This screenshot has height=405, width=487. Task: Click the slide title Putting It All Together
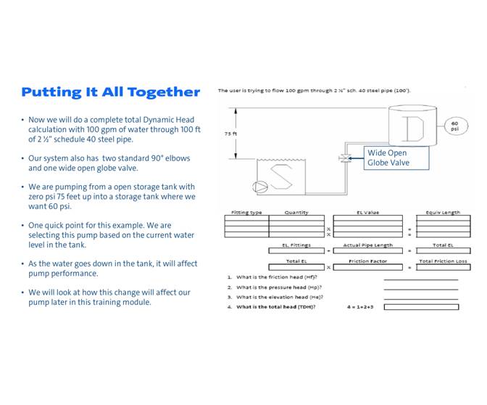(110, 92)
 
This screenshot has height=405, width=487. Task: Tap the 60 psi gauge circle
(454, 126)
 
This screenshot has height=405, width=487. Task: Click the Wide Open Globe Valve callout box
(388, 157)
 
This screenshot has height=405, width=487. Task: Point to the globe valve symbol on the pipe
(344, 158)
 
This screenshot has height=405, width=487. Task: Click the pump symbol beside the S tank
(259, 187)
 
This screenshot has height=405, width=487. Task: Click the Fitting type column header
(246, 213)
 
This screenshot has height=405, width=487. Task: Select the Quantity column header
(296, 213)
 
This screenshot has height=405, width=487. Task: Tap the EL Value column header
(367, 213)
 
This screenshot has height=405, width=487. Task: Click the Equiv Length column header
(442, 213)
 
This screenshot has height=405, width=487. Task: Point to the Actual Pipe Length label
(367, 245)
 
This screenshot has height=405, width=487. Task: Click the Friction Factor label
(367, 261)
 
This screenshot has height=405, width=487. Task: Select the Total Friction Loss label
(442, 261)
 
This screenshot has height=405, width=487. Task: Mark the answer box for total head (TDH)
(421, 307)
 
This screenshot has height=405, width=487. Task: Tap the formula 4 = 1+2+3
(360, 307)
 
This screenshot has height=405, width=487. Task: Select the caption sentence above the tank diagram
(315, 91)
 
